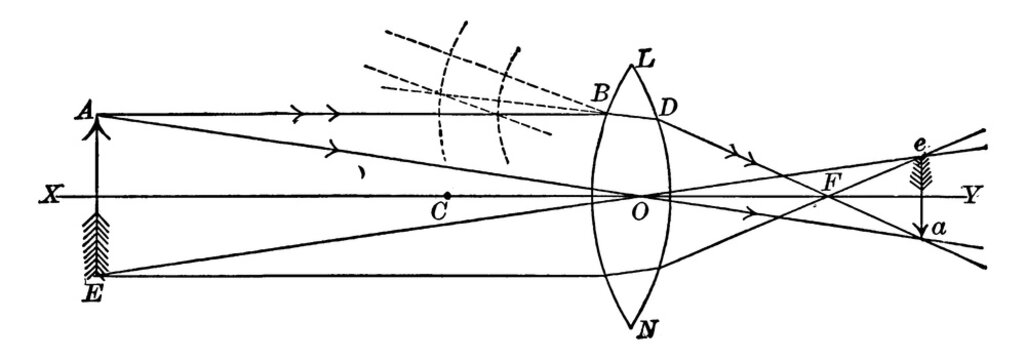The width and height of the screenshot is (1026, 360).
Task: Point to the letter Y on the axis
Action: click(970, 195)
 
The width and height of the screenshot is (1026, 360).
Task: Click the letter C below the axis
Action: click(437, 213)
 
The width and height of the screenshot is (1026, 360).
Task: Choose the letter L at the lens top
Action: click(645, 59)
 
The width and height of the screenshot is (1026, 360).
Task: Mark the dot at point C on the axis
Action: click(447, 195)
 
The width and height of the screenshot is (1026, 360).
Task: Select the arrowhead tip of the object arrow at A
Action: click(97, 116)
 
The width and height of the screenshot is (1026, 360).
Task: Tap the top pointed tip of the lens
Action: click(630, 66)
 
